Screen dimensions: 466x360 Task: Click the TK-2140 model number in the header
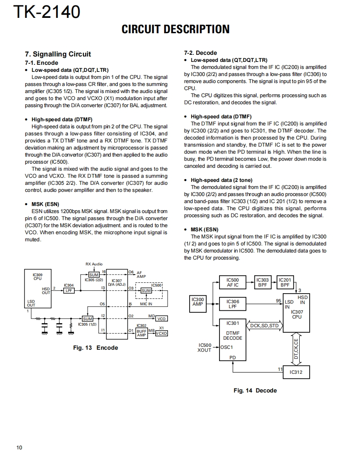47,12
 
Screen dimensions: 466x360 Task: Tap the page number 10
20,447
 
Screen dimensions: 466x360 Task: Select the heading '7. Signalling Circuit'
58,54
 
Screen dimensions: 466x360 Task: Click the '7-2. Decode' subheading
200,53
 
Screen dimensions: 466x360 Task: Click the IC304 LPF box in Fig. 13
69,291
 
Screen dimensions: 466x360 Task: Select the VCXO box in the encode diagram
161,333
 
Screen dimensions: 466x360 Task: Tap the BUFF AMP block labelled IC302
142,333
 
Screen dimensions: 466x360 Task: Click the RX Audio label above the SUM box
94,264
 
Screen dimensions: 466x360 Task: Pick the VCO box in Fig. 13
161,319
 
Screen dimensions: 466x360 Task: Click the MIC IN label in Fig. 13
146,304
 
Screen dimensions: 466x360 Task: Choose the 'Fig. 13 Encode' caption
96,348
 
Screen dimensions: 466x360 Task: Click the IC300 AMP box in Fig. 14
197,302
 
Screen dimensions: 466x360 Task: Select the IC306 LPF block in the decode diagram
232,304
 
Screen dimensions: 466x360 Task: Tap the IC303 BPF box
262,282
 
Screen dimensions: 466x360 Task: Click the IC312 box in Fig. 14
296,372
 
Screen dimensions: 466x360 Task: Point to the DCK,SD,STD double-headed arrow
264,326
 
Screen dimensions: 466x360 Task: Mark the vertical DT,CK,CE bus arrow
296,348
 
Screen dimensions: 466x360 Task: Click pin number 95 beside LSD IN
279,300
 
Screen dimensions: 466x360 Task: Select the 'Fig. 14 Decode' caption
255,390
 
